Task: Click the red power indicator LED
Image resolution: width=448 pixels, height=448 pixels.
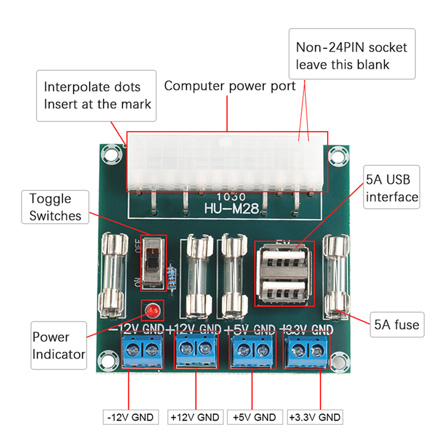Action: click(151, 310)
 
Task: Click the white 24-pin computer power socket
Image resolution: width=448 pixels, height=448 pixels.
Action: click(227, 162)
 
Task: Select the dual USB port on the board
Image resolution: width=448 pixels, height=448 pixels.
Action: click(284, 274)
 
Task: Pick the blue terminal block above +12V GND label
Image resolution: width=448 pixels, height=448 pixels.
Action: click(195, 351)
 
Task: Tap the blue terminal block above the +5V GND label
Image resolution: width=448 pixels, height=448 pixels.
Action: click(252, 351)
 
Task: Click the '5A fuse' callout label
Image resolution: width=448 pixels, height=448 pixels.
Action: click(396, 324)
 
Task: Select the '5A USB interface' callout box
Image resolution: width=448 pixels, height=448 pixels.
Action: click(392, 187)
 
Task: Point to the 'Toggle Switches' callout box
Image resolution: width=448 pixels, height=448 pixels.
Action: click(55, 207)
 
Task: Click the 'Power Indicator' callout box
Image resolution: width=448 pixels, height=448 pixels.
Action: click(59, 346)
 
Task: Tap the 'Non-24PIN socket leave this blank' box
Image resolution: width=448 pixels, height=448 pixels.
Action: click(352, 55)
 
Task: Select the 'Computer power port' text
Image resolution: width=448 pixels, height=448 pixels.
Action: click(230, 86)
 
